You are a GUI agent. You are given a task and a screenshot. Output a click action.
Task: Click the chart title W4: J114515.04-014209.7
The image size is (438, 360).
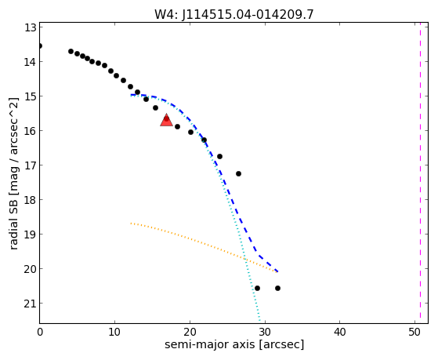(x=234, y=14)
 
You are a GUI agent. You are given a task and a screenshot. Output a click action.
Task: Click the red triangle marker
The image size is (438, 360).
(x=166, y=120)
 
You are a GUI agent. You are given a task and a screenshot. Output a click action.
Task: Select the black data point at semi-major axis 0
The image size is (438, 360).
(x=40, y=45)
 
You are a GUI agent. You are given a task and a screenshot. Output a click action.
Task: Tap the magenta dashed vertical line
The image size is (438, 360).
(x=420, y=173)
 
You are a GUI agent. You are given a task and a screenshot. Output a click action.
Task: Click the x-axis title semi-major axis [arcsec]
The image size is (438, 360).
(x=234, y=344)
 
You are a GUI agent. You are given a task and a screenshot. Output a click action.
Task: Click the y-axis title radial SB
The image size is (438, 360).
(x=13, y=173)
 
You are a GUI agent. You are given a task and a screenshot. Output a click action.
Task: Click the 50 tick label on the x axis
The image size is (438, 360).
(x=414, y=332)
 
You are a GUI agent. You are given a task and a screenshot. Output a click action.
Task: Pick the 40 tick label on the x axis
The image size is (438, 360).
(x=340, y=332)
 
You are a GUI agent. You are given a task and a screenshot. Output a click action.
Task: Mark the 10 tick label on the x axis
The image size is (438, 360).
(x=114, y=332)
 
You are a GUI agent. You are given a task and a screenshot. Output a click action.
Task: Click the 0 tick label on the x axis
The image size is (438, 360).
(x=40, y=332)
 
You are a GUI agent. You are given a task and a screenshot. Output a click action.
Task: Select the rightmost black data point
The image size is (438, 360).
(x=277, y=288)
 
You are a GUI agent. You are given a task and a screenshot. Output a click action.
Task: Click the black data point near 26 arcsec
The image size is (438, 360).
(x=238, y=173)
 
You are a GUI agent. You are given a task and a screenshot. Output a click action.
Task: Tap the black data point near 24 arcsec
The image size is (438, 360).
(x=220, y=156)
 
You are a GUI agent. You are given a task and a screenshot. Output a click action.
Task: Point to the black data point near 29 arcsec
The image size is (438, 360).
(x=257, y=288)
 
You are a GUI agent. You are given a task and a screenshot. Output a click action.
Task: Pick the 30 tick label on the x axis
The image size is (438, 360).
(x=265, y=332)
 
